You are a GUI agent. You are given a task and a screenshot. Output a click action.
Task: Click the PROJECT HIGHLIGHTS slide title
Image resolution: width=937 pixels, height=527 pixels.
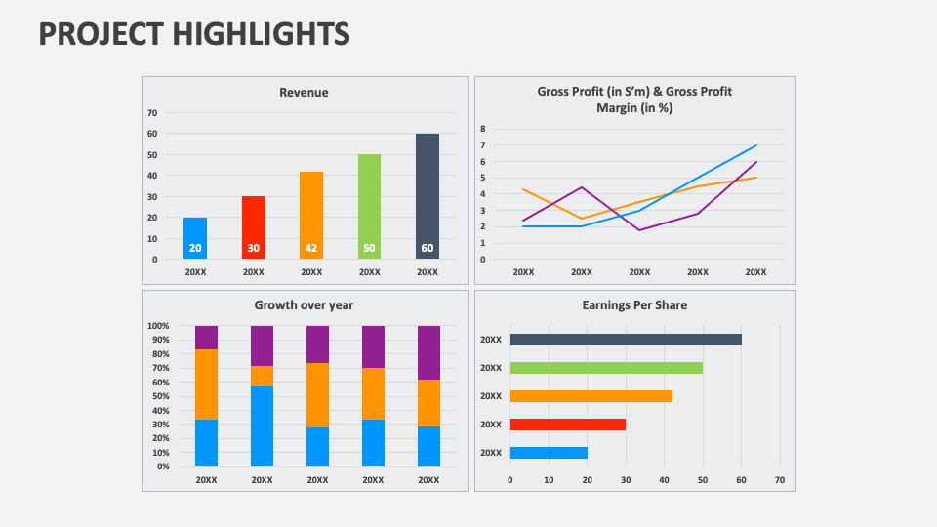(x=194, y=35)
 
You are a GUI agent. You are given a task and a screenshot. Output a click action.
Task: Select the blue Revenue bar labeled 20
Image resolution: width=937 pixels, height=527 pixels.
(x=195, y=238)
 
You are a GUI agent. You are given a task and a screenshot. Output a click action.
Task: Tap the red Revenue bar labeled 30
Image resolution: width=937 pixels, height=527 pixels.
(x=254, y=227)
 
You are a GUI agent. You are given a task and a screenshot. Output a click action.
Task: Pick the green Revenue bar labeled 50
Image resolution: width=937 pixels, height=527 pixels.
(x=369, y=206)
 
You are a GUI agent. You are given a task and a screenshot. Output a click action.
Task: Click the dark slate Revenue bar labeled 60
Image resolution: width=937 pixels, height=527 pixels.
(x=428, y=195)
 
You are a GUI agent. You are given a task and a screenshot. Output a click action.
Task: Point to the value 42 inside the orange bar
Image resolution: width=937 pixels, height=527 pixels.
(x=311, y=248)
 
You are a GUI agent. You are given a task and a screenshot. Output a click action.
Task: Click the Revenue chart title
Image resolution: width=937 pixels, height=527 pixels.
(x=304, y=93)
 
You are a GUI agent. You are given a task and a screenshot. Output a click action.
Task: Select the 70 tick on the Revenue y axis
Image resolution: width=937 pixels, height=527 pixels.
(x=152, y=113)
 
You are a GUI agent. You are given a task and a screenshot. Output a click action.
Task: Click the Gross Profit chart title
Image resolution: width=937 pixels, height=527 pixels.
(x=634, y=100)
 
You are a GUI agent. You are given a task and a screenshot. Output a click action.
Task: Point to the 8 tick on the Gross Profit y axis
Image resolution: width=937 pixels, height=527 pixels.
(x=482, y=128)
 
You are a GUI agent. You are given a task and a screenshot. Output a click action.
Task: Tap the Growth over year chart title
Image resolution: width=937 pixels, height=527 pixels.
(x=304, y=305)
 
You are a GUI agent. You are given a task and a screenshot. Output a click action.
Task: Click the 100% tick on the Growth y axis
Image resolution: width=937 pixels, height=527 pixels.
(x=158, y=326)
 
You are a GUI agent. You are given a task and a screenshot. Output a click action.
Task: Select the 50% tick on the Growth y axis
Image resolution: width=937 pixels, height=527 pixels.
(x=158, y=396)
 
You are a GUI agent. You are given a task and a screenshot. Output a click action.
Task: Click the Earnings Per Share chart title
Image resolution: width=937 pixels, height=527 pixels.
(x=634, y=305)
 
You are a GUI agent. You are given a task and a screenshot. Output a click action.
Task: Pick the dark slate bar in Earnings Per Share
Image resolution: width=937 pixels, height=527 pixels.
(x=626, y=340)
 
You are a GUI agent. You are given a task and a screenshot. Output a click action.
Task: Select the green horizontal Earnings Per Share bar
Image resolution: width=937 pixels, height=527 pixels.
(x=606, y=368)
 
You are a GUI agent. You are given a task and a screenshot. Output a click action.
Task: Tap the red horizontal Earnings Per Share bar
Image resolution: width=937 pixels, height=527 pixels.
(x=567, y=425)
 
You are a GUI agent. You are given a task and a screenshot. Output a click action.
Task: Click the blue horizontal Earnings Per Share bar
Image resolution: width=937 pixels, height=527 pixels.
(x=549, y=453)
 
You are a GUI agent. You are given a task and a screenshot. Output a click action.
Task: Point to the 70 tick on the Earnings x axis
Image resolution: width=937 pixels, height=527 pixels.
(x=779, y=480)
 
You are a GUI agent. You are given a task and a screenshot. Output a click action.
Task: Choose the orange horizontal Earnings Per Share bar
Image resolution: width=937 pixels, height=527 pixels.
(x=591, y=396)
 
